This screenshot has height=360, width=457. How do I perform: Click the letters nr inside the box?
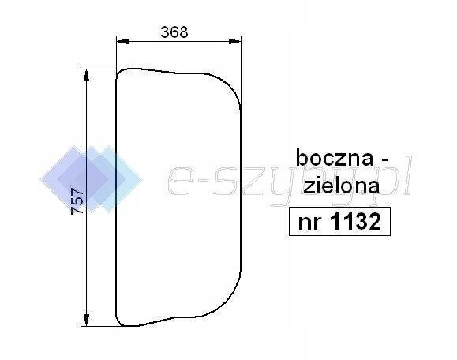[308, 223]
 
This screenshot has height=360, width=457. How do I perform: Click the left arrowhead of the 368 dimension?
[121, 42]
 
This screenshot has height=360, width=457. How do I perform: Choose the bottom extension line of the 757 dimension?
[99, 325]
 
